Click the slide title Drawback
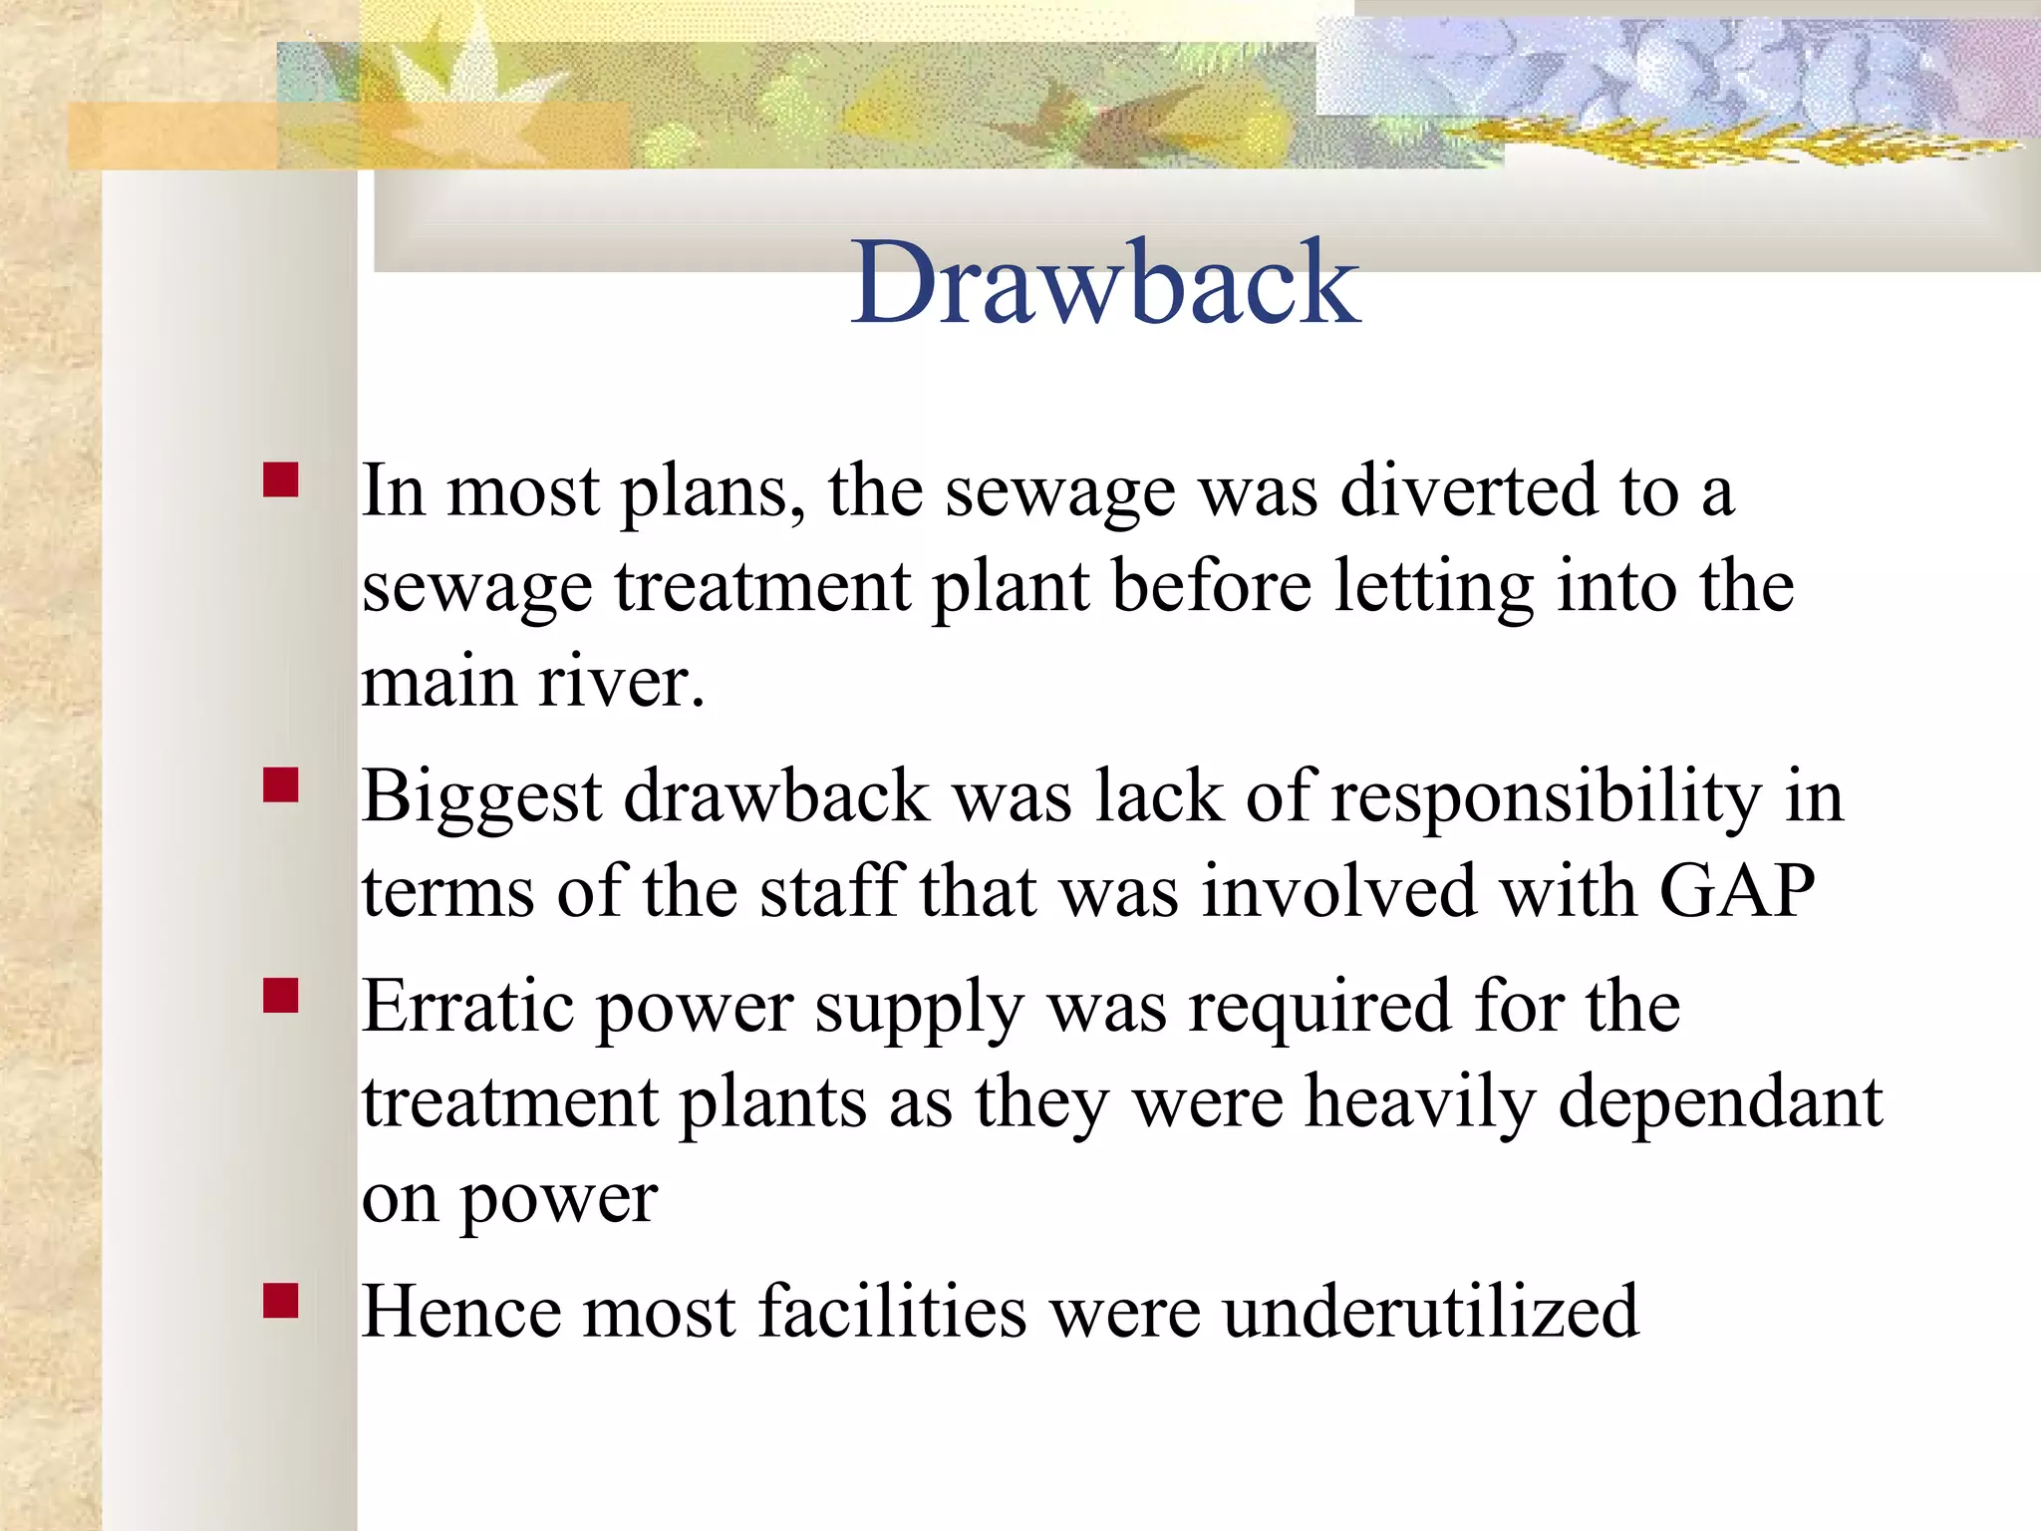pos(1105,283)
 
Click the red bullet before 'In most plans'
pos(281,479)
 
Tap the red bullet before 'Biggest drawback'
pos(281,785)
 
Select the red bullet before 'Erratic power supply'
pos(281,995)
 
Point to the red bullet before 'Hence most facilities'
pos(281,1301)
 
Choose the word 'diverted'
pos(1468,490)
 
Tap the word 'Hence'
pos(459,1312)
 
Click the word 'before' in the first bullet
pos(1212,586)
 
